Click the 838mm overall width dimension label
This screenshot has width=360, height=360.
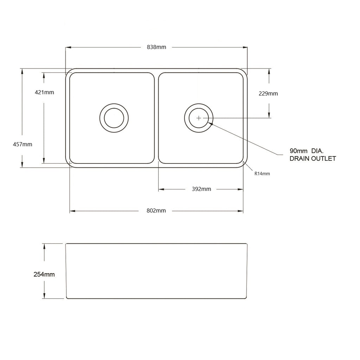156,47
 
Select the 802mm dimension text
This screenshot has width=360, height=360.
156,211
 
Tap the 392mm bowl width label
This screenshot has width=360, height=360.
201,189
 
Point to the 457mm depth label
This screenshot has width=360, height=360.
22,144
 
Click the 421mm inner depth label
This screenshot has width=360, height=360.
44,92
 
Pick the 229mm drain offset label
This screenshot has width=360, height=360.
268,94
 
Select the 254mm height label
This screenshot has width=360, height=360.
44,275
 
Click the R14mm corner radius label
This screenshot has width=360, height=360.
262,174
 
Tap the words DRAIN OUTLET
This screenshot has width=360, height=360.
312,159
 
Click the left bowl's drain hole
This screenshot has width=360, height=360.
114,118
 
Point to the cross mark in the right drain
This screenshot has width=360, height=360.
199,118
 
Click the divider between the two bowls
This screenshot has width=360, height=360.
156,118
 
